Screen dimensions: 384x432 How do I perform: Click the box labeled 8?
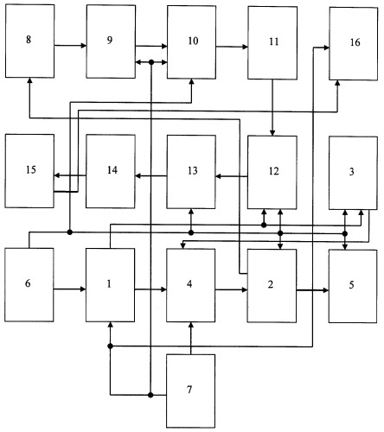(29, 41)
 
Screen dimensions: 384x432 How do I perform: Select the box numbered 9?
(111, 41)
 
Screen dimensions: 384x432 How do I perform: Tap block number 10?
(192, 42)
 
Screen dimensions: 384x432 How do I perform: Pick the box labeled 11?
(272, 42)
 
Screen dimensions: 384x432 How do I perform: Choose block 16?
(354, 43)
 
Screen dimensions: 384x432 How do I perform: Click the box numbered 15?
(29, 171)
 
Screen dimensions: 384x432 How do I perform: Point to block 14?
(111, 171)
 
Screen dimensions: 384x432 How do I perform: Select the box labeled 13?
(191, 172)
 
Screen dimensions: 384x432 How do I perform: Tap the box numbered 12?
(272, 173)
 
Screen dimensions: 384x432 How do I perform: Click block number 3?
(354, 173)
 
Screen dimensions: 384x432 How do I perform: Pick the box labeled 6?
(29, 284)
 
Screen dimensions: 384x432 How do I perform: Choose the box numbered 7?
(191, 391)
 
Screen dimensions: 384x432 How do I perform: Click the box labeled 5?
(353, 286)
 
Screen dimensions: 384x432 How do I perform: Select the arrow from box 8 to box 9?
(70, 45)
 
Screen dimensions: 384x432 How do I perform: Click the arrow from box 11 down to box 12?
(272, 107)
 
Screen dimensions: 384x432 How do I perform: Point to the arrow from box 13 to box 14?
(151, 175)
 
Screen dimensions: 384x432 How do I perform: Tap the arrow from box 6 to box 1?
(70, 289)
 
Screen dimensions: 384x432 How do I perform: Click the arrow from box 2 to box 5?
(312, 290)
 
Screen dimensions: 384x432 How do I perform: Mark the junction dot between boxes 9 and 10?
(151, 62)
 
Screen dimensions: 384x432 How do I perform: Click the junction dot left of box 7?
(150, 395)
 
